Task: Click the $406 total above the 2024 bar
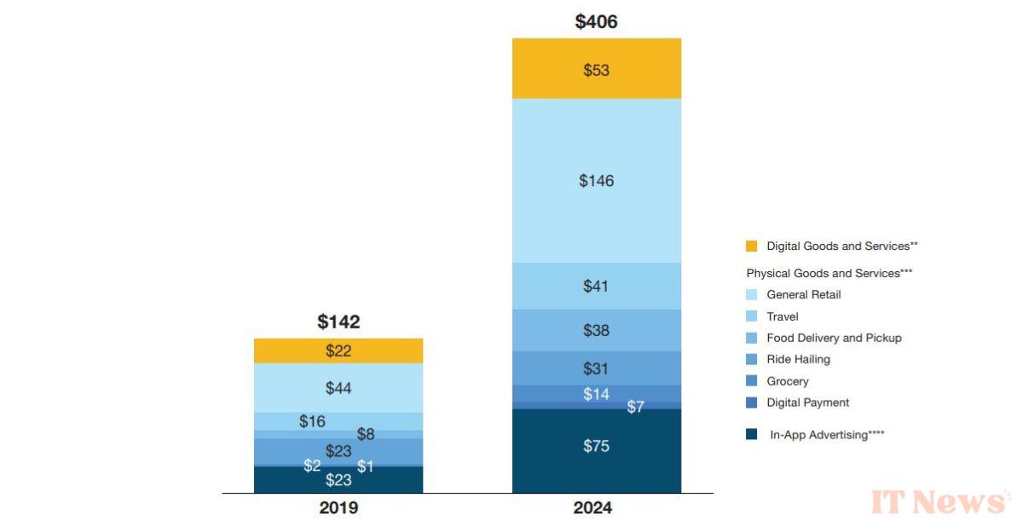(596, 22)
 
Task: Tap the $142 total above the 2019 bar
(338, 322)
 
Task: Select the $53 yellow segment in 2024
(596, 70)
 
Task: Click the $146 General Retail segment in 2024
(596, 180)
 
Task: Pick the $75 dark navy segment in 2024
(596, 446)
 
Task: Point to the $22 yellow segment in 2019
(338, 351)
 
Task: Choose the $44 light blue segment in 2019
(338, 388)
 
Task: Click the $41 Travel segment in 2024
(596, 286)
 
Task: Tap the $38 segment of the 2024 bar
(596, 330)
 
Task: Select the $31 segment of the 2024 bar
(596, 368)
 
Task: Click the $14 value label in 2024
(596, 394)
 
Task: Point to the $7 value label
(635, 407)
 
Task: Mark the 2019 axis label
(338, 508)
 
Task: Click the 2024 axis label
(596, 508)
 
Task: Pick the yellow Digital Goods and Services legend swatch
(751, 247)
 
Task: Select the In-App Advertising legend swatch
(751, 434)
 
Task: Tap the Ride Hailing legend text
(798, 359)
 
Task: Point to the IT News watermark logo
(937, 502)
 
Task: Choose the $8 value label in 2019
(365, 434)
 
